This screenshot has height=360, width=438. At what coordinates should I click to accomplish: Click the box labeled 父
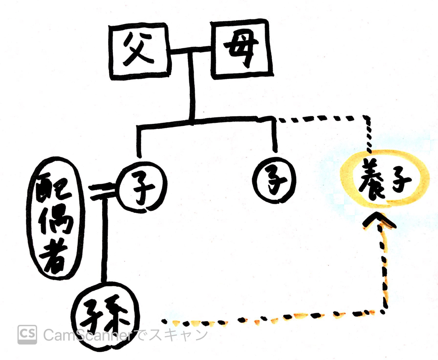[139, 52]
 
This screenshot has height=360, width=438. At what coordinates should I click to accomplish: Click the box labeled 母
[241, 49]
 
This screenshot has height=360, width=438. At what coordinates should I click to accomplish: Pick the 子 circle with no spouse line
[275, 180]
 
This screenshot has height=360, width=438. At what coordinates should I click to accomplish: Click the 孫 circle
[105, 315]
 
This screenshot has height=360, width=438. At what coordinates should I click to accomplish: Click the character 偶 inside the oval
[56, 220]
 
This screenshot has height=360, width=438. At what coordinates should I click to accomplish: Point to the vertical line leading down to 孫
[104, 239]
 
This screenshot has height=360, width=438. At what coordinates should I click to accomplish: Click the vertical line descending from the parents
[191, 88]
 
